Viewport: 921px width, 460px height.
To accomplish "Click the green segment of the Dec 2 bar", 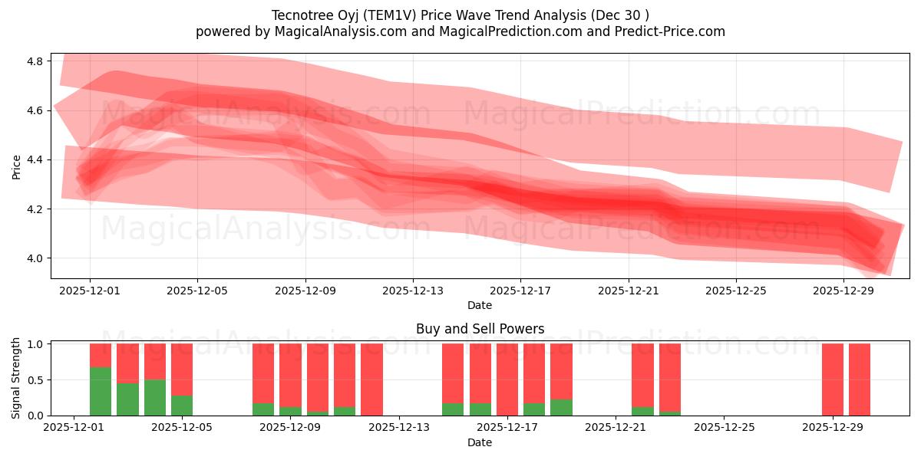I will tap(101, 391).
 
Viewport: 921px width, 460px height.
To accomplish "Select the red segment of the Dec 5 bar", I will tap(182, 369).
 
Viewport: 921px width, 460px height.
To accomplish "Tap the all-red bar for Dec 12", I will tap(371, 379).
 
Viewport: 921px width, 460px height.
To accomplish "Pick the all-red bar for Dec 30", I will tap(860, 379).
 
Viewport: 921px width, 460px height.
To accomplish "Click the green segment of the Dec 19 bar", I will tap(561, 407).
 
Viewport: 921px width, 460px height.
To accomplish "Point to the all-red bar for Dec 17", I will tap(507, 379).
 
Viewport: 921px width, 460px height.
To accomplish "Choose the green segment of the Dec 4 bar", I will tap(155, 397).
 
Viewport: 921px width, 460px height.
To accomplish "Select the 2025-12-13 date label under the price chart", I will tap(413, 291).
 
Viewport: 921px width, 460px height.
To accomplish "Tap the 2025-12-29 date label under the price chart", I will tap(843, 291).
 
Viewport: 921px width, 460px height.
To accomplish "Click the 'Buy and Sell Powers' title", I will tap(480, 329).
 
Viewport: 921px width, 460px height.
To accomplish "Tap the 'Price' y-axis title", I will tap(16, 166).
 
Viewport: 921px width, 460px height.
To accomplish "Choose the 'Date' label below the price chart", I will tap(480, 305).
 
